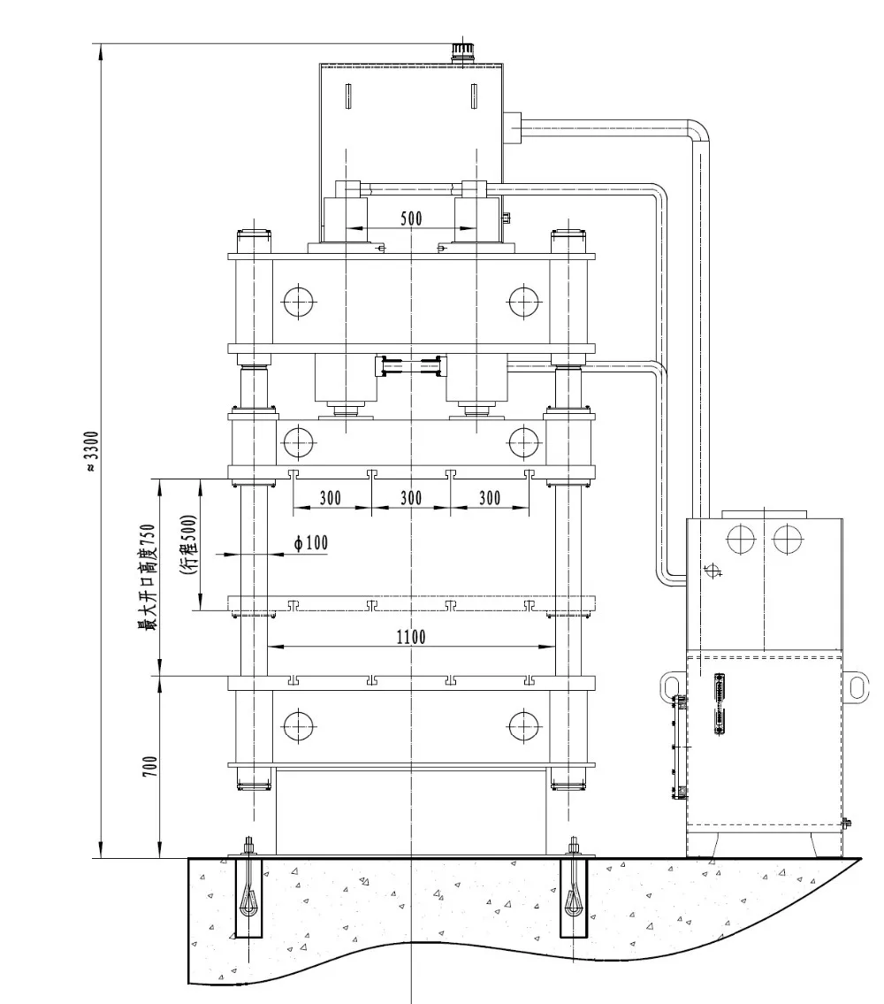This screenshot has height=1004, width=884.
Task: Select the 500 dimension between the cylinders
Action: click(x=411, y=218)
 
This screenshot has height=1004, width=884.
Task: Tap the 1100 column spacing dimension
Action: click(x=411, y=637)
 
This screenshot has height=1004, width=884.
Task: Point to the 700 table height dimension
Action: click(x=150, y=767)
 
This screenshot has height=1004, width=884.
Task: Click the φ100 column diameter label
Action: click(x=311, y=543)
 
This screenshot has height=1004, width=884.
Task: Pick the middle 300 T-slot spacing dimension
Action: click(x=411, y=498)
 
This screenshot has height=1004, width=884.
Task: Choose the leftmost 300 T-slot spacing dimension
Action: click(x=330, y=498)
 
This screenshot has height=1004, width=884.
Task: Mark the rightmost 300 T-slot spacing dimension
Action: click(x=490, y=498)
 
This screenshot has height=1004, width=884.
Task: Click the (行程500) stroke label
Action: click(x=188, y=546)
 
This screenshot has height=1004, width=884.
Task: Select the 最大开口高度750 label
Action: click(x=146, y=575)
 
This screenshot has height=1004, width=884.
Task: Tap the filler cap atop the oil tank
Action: click(x=461, y=52)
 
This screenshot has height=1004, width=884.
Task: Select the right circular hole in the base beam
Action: click(x=524, y=726)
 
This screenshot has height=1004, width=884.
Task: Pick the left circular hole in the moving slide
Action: click(x=299, y=440)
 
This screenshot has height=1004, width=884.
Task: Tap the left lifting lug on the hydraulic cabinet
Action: click(x=668, y=686)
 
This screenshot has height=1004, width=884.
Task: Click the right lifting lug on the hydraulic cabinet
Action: click(x=857, y=686)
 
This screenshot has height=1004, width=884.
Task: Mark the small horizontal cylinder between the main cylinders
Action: click(x=410, y=364)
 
